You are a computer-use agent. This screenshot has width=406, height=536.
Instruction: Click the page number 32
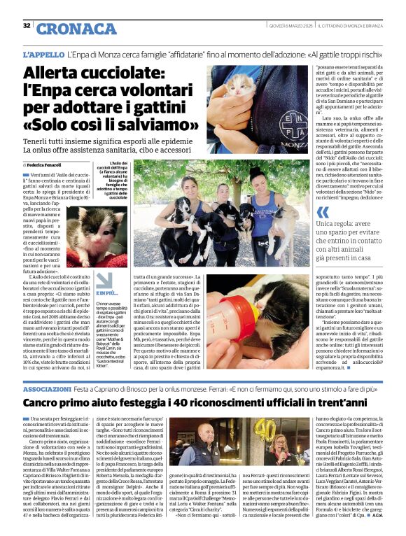click(27, 27)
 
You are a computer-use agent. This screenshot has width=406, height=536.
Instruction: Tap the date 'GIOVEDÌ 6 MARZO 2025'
click(286, 27)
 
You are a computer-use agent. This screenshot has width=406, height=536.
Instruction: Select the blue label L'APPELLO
click(43, 54)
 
